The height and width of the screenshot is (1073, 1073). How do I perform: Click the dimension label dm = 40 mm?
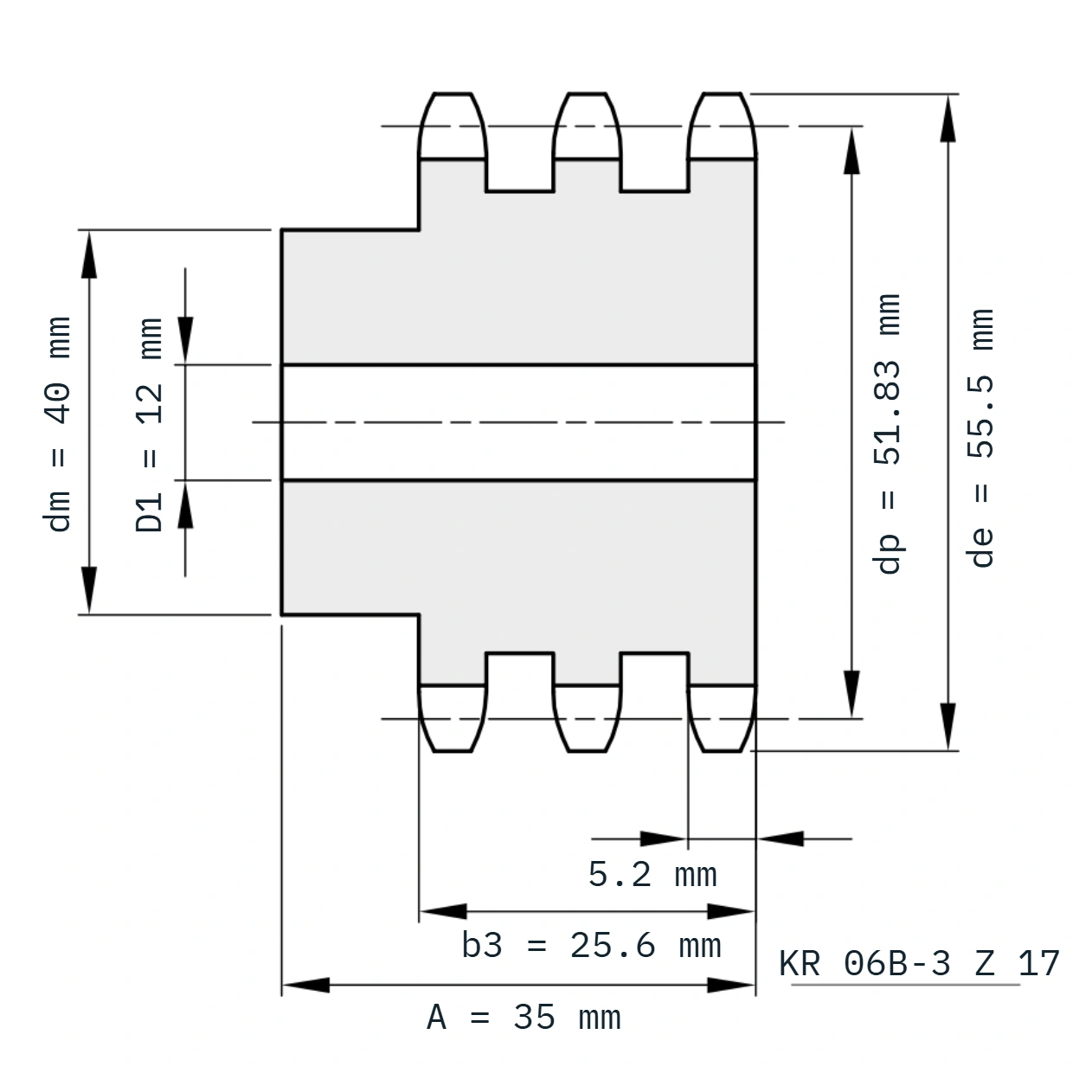[57, 424]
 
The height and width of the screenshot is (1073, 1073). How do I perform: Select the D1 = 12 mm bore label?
[149, 425]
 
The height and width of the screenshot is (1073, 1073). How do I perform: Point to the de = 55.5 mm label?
[980, 438]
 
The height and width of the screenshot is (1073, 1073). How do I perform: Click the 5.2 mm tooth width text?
[652, 875]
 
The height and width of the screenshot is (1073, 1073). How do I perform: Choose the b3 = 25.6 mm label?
[591, 946]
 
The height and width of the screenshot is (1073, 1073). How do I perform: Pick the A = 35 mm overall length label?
[524, 1018]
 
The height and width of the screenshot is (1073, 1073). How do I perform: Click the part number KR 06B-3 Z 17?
[919, 963]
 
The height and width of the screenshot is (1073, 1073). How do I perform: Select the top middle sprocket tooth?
[587, 125]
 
